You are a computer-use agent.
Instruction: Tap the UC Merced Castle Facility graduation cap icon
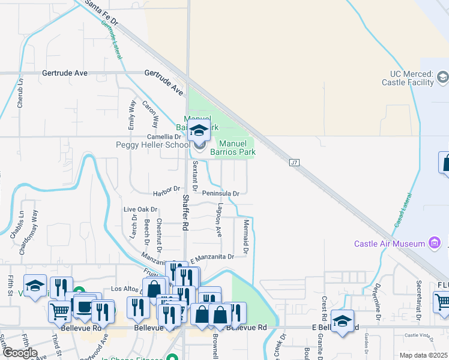[x=442, y=77]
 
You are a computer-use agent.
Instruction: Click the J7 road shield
[x=294, y=163]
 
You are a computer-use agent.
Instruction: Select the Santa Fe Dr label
[x=102, y=12]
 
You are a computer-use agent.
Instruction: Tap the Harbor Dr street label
[x=166, y=190]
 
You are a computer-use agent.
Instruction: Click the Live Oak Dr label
[x=140, y=210]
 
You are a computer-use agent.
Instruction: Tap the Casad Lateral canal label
[x=402, y=210]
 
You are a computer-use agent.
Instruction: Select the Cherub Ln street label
[x=20, y=93]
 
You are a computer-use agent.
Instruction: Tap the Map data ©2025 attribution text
[x=423, y=355]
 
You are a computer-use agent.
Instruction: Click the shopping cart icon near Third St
[x=60, y=311]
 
